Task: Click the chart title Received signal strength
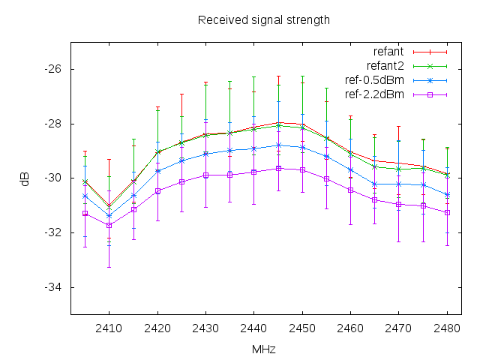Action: tap(263, 19)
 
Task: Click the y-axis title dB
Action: tap(25, 178)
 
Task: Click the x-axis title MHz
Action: tap(263, 349)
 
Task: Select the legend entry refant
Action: tap(388, 52)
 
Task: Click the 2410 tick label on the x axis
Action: tap(109, 328)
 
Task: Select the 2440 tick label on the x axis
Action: tap(253, 328)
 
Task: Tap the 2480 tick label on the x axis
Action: tap(447, 328)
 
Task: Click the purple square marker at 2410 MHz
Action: tap(109, 225)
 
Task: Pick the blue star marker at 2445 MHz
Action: tap(278, 145)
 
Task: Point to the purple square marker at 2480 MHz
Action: tap(447, 212)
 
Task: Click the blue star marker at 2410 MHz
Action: tap(109, 216)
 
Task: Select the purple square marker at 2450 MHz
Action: tap(302, 169)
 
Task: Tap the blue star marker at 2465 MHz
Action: tap(375, 184)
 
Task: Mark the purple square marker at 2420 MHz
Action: tap(157, 190)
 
